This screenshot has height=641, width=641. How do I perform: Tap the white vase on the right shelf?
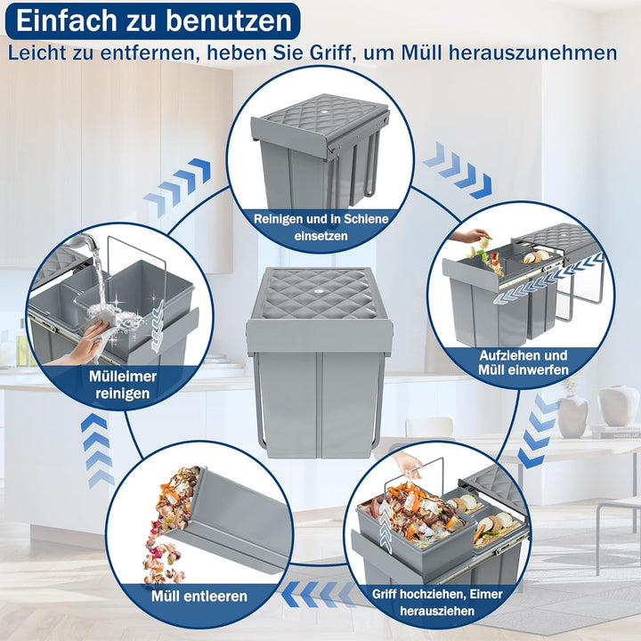tap(618, 406)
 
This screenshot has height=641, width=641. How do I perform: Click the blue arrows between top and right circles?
tap(458, 172)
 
